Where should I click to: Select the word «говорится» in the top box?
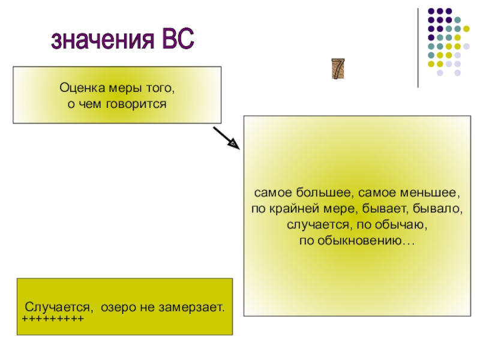pos(141,104)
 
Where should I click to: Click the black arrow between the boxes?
pos(226,137)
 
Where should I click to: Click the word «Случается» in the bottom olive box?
pos(59,307)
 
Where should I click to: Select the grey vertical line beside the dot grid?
pos(418,48)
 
